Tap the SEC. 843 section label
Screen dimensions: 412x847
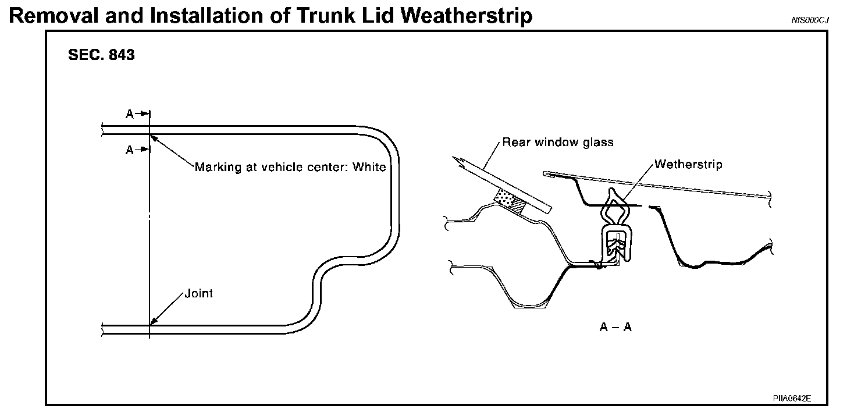(x=101, y=55)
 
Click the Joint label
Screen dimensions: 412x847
(x=198, y=293)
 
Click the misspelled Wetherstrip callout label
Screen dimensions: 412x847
(x=688, y=164)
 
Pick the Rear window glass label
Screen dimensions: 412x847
(x=558, y=142)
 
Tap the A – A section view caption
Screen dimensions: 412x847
(x=615, y=328)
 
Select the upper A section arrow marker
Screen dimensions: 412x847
(x=138, y=115)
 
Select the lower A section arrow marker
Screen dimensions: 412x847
(x=138, y=150)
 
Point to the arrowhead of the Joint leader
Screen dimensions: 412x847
(x=153, y=322)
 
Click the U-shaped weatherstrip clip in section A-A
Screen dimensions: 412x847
(x=614, y=244)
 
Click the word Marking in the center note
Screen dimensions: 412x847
(x=217, y=167)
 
